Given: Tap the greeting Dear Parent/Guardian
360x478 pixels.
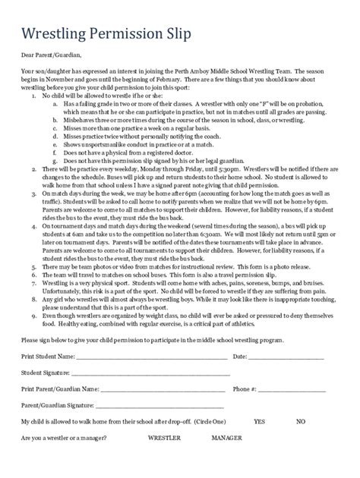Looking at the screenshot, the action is (51, 55).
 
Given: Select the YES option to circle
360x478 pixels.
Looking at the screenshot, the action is (259, 420).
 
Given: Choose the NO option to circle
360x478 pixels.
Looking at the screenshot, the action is (301, 420).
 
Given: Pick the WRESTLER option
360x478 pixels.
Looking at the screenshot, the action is (163, 438).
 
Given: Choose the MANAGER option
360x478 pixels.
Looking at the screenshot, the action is (227, 438).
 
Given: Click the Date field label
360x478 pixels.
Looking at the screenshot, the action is (240, 356).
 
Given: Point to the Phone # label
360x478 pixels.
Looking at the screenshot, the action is (245, 389).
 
